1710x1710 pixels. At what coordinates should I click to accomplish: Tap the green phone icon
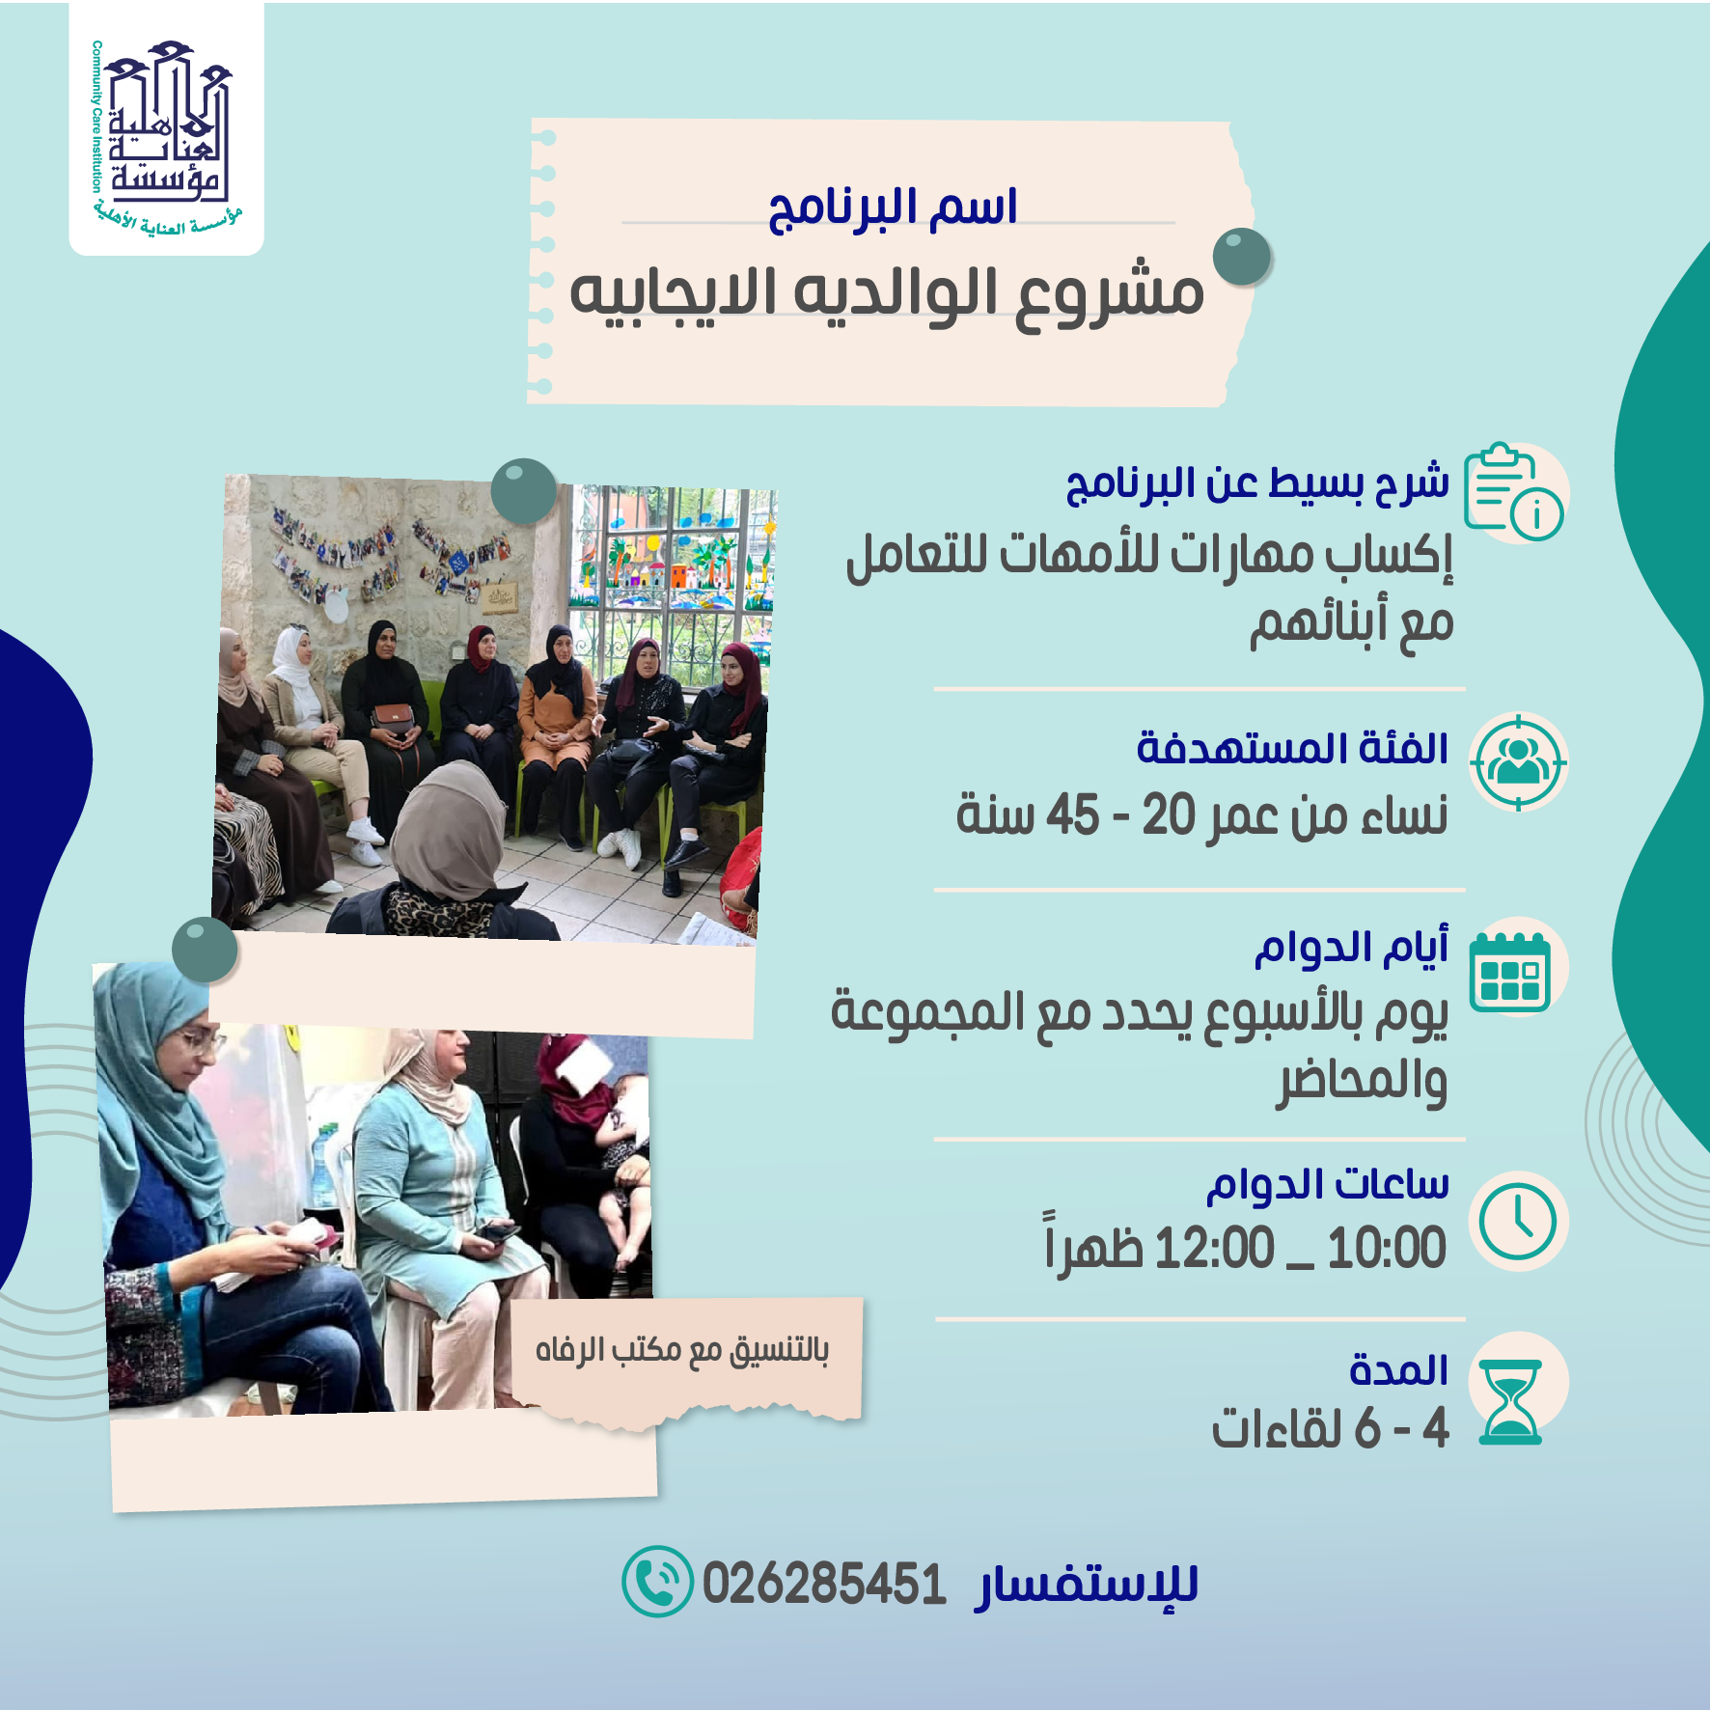pyautogui.click(x=657, y=1582)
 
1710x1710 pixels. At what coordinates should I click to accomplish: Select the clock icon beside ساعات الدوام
pyautogui.click(x=1518, y=1222)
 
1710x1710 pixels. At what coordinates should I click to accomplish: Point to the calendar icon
pyautogui.click(x=1510, y=972)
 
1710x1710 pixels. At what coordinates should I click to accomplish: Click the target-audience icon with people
pyautogui.click(x=1518, y=762)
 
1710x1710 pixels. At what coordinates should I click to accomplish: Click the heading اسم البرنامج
pyautogui.click(x=893, y=208)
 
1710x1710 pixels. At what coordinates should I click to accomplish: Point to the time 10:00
pyautogui.click(x=1387, y=1248)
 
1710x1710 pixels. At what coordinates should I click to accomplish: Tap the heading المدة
pyautogui.click(x=1399, y=1369)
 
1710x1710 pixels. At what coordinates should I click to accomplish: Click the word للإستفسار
pyautogui.click(x=1088, y=1586)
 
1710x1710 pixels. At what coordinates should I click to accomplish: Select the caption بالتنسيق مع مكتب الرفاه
pyautogui.click(x=682, y=1349)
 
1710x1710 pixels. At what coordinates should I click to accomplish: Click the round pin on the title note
pyautogui.click(x=1243, y=257)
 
